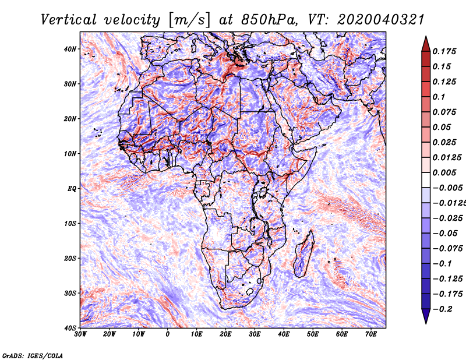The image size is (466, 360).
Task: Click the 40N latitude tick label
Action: (70, 49)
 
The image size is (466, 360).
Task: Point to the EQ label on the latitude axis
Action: (72, 189)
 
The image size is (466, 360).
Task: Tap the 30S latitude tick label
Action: (70, 294)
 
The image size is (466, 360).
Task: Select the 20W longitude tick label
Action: (109, 334)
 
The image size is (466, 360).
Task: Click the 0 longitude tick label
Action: (167, 334)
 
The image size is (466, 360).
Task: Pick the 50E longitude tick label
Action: (313, 334)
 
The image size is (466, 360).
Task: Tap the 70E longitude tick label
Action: (370, 334)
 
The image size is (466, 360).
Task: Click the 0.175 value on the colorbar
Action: (444, 51)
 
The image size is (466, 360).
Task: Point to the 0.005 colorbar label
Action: (444, 172)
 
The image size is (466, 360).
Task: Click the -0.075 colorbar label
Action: (447, 249)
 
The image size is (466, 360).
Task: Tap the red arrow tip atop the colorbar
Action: (426, 37)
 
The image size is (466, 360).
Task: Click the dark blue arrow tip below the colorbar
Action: (426, 323)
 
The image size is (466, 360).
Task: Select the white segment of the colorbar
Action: (426, 180)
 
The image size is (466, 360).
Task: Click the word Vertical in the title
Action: (69, 20)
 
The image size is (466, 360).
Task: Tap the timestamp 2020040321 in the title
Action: (380, 20)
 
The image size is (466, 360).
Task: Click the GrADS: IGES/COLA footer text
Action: (33, 355)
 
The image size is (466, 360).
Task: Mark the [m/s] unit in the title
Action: (189, 20)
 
